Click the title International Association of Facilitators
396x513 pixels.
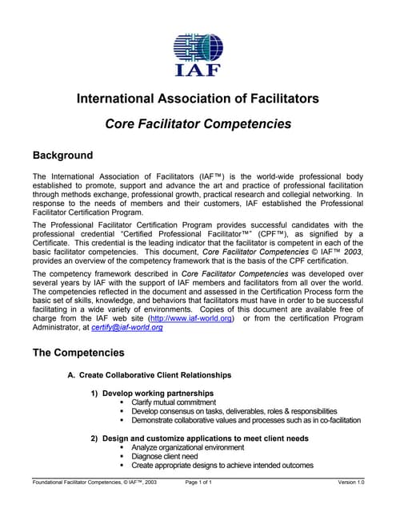click(198, 99)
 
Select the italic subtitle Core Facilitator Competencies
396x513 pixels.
click(198, 124)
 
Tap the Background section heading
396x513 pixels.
click(62, 156)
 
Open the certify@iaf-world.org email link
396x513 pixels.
click(129, 328)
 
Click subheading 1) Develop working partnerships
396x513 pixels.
click(152, 394)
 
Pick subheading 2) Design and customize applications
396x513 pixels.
click(199, 438)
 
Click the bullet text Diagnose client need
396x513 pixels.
click(165, 456)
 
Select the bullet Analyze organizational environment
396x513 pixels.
click(188, 447)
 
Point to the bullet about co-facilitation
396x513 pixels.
click(246, 420)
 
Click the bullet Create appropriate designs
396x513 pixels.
click(222, 465)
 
